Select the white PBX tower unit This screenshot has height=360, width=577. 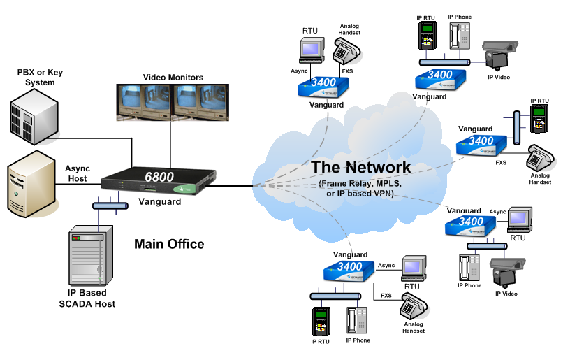click(34, 113)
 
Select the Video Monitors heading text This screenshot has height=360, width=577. click(173, 77)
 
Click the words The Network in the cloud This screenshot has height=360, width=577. click(361, 167)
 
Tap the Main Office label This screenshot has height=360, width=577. click(169, 244)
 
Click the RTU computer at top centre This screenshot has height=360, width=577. click(309, 48)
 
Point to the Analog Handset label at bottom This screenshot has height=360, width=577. click(414, 328)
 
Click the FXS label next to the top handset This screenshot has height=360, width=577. click(346, 71)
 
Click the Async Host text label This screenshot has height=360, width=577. click(78, 173)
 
